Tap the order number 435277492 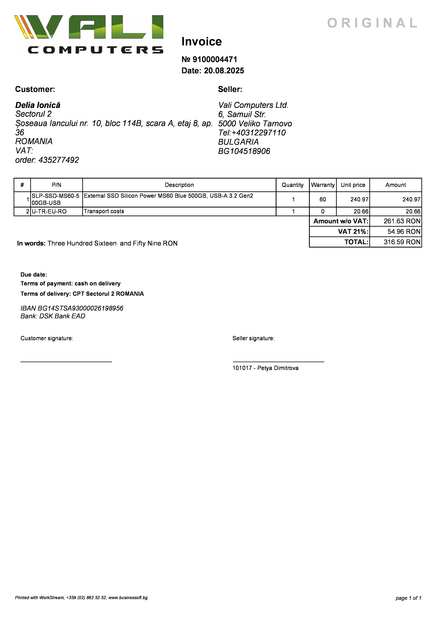59,160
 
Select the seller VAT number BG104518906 244,151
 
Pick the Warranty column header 323,185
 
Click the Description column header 179,185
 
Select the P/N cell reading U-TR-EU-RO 49,212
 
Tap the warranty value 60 323,199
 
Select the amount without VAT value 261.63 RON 402,221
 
